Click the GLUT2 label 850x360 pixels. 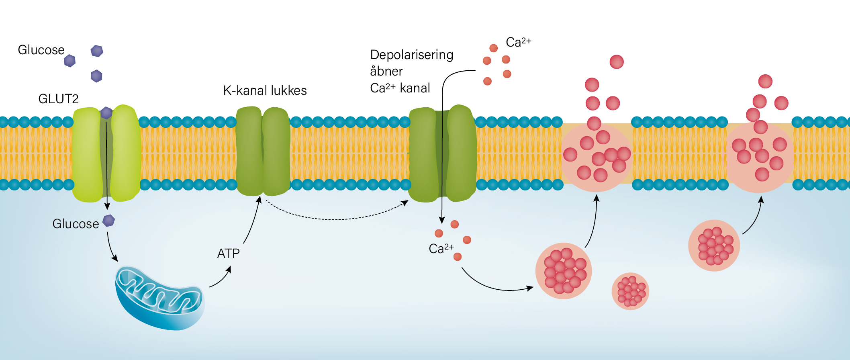point(58,99)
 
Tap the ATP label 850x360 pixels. point(228,254)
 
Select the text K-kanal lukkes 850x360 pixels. point(265,90)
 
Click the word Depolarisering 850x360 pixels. point(412,55)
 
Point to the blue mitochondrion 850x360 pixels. point(159,298)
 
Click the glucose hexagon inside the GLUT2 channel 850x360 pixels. point(106,113)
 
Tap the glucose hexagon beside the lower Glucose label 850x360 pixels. point(109,221)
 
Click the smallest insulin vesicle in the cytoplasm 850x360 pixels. point(630,291)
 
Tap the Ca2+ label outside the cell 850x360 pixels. point(518,42)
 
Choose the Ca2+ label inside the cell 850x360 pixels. point(441,249)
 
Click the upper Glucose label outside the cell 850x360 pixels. point(41,50)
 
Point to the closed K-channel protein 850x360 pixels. point(263,151)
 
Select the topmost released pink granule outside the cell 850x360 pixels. point(617,62)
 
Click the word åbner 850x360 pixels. point(386,72)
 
